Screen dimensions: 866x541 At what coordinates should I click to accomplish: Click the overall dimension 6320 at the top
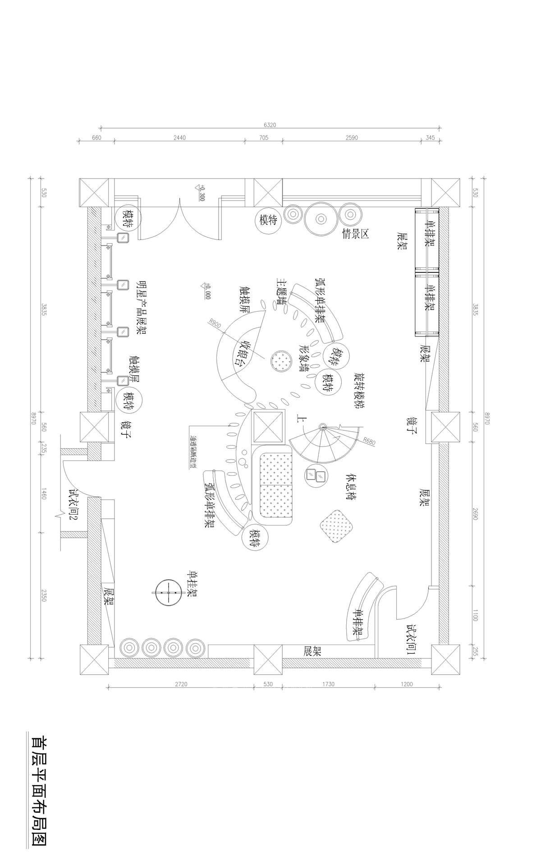(270, 125)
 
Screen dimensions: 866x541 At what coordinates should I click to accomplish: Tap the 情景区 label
(356, 234)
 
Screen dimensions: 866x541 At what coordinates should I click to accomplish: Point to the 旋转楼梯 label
(359, 391)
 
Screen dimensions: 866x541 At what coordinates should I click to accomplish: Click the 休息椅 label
(352, 488)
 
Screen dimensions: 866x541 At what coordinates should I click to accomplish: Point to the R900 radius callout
(215, 323)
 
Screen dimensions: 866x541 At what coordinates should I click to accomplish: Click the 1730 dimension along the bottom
(329, 684)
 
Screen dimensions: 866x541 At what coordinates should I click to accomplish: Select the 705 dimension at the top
(264, 138)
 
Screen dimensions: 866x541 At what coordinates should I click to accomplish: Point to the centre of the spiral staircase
(323, 427)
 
